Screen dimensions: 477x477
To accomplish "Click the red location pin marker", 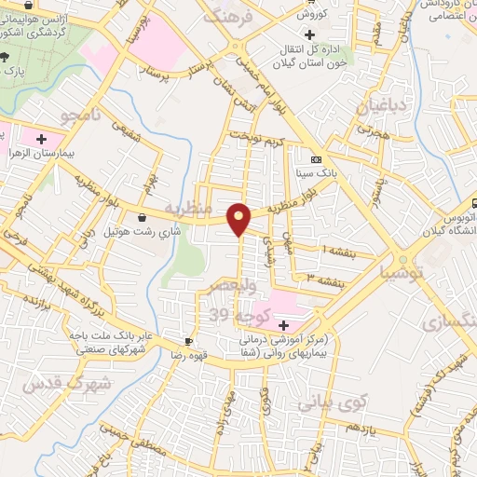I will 239,218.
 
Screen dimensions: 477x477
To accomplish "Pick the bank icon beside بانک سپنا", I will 314,158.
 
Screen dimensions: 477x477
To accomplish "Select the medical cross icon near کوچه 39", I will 284,325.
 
